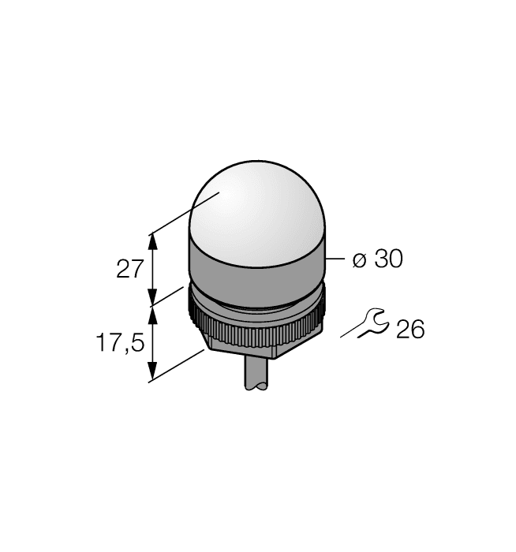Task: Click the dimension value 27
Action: pos(129,269)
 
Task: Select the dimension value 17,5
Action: pos(119,343)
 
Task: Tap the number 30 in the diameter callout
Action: pos(387,259)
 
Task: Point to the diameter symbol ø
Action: pos(359,260)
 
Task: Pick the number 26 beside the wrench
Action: pos(409,329)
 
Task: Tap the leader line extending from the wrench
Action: pos(350,332)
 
